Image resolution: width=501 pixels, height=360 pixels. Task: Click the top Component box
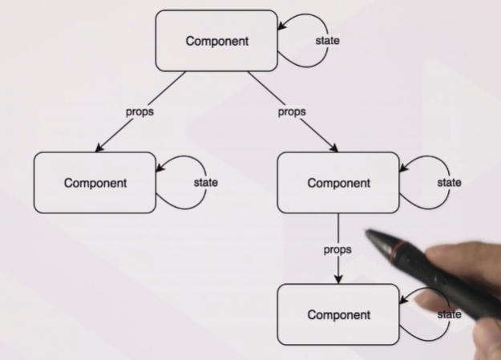click(216, 41)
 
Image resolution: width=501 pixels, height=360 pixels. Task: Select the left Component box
click(95, 182)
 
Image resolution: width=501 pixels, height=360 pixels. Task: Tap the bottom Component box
click(337, 314)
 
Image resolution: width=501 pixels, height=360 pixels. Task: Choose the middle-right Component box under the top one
click(337, 183)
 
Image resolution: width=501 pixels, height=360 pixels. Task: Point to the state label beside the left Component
click(206, 183)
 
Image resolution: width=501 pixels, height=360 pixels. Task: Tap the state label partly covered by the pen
click(449, 314)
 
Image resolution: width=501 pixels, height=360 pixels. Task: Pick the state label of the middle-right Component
click(449, 183)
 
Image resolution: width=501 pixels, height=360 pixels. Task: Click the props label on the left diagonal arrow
click(139, 112)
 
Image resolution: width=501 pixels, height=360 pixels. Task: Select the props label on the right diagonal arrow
click(292, 112)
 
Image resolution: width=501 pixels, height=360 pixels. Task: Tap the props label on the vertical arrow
click(337, 249)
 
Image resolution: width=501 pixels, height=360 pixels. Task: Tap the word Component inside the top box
click(216, 41)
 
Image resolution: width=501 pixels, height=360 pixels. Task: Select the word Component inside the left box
click(95, 182)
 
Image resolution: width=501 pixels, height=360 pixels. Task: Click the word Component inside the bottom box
click(337, 314)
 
